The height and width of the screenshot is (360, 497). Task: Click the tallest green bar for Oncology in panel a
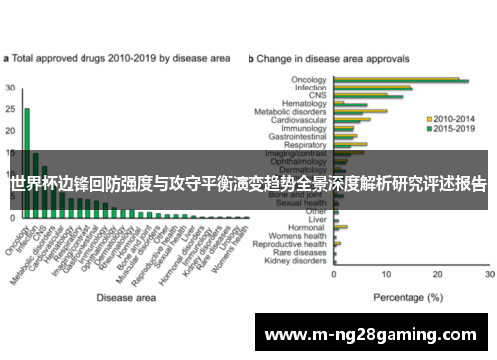click(x=27, y=149)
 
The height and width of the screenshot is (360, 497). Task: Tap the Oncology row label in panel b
click(x=308, y=79)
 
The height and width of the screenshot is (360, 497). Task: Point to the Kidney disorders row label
click(x=298, y=261)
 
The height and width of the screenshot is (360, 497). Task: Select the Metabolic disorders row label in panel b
click(x=294, y=111)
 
